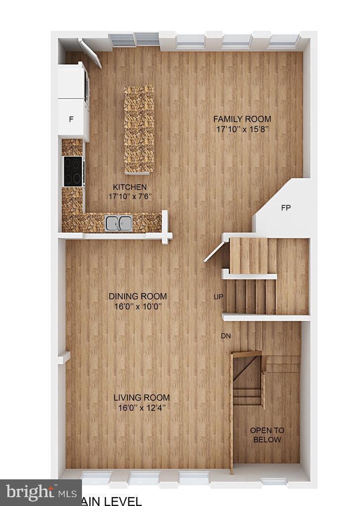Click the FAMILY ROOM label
click(x=242, y=119)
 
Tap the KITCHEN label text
click(x=130, y=187)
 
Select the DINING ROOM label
click(x=138, y=297)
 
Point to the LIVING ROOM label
click(x=141, y=397)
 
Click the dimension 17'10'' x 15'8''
click(x=242, y=130)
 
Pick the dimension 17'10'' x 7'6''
click(x=130, y=196)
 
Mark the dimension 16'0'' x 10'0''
click(x=138, y=307)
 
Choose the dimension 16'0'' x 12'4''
click(x=141, y=408)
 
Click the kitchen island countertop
click(x=139, y=129)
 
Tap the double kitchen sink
click(x=119, y=223)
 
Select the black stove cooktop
click(x=73, y=171)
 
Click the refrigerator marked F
click(x=71, y=119)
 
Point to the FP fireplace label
click(x=285, y=208)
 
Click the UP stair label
click(x=218, y=297)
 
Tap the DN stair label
click(x=226, y=336)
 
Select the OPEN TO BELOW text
click(x=267, y=435)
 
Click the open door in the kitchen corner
click(x=90, y=53)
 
